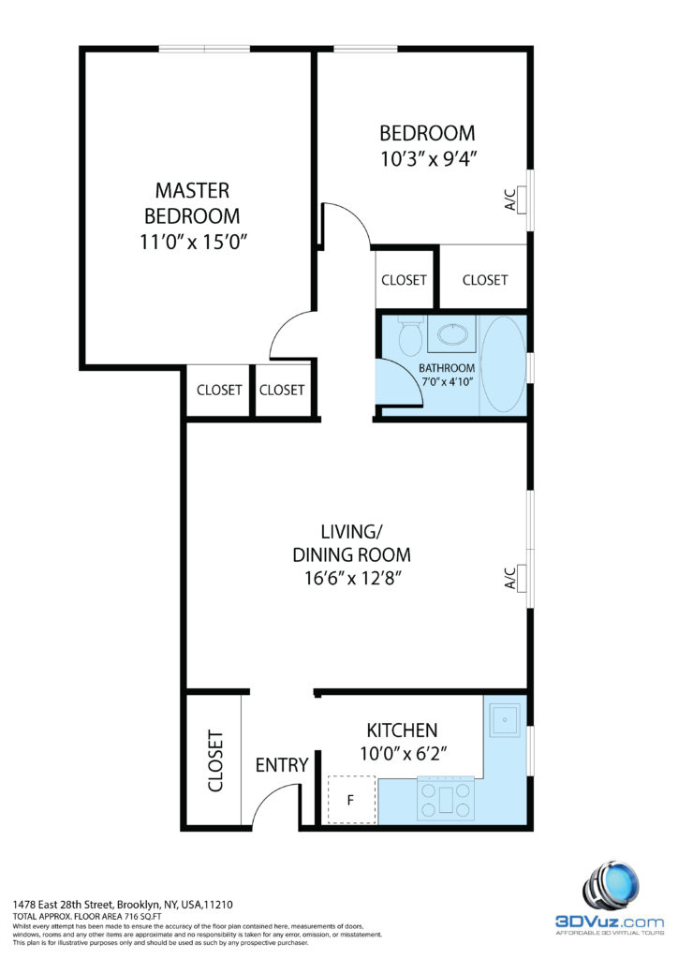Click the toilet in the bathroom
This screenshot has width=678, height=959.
[410, 335]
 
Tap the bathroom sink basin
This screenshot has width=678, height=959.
[451, 334]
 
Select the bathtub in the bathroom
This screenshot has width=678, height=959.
[503, 365]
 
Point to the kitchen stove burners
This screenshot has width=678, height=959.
[446, 800]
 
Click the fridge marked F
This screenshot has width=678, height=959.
[351, 800]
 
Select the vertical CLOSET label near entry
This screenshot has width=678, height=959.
[215, 760]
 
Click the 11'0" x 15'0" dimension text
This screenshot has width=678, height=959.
[193, 243]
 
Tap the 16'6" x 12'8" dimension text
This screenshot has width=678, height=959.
[353, 577]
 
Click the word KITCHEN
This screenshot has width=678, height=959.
[402, 730]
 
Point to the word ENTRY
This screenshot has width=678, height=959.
[282, 765]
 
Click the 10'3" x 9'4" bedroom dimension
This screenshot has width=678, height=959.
[428, 159]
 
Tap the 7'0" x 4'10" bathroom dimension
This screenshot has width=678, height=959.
[448, 381]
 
